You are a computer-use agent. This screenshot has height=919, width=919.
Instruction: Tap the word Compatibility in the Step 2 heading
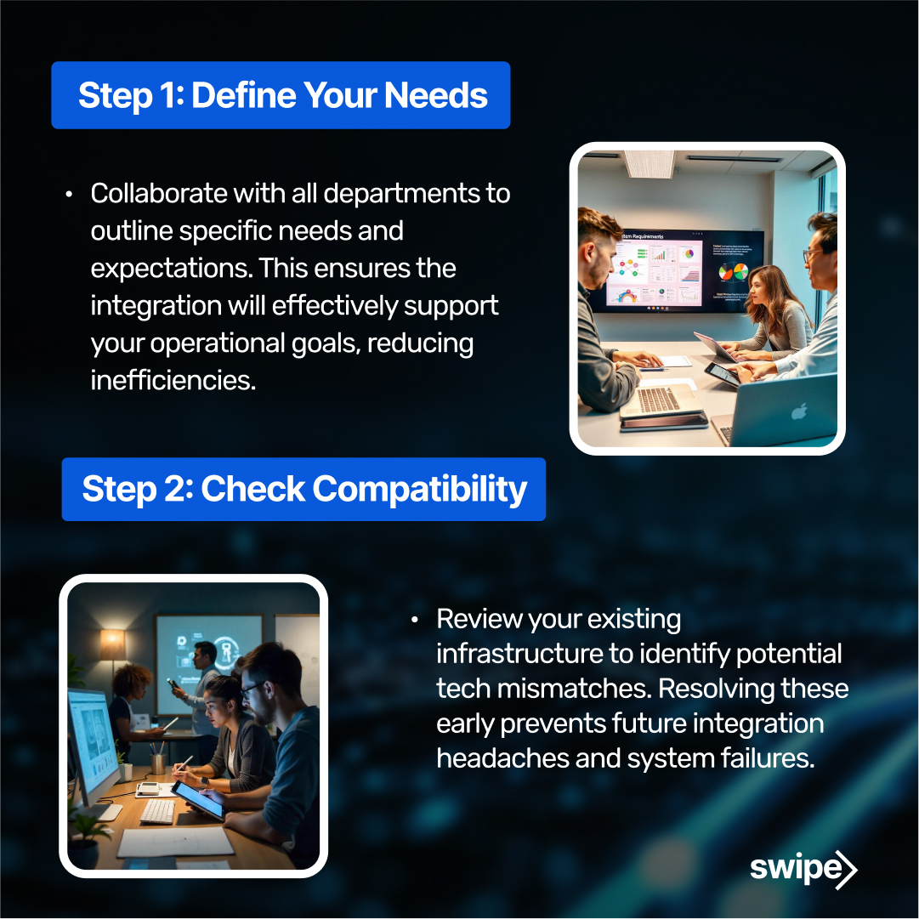tap(420, 490)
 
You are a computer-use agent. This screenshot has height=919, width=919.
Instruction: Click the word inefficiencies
tap(173, 379)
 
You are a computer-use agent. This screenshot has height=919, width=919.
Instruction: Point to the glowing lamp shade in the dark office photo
tap(112, 644)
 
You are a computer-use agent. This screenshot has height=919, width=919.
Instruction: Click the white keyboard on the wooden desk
tap(158, 810)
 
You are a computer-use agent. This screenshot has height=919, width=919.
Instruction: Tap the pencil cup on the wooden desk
tap(156, 763)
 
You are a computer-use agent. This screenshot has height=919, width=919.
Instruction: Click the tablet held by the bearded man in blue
tap(196, 800)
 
